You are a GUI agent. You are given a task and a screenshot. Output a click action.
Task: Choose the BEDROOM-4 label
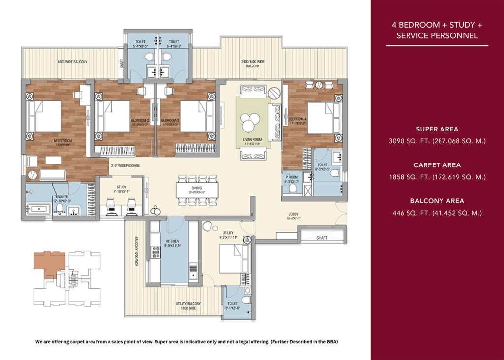[x=298, y=120]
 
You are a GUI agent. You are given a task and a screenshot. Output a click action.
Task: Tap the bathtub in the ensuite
[x=36, y=209]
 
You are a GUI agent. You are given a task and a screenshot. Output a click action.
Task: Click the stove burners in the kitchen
[x=156, y=252]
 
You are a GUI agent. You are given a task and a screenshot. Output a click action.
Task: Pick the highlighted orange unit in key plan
[x=47, y=263]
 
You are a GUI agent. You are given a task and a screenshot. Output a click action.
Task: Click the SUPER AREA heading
[x=437, y=129]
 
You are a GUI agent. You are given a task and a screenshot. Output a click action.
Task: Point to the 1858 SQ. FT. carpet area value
[x=437, y=177]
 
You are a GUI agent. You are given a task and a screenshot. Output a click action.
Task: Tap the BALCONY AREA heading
[x=437, y=201]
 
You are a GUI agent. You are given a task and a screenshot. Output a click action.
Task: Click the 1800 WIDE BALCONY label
[x=72, y=62]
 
